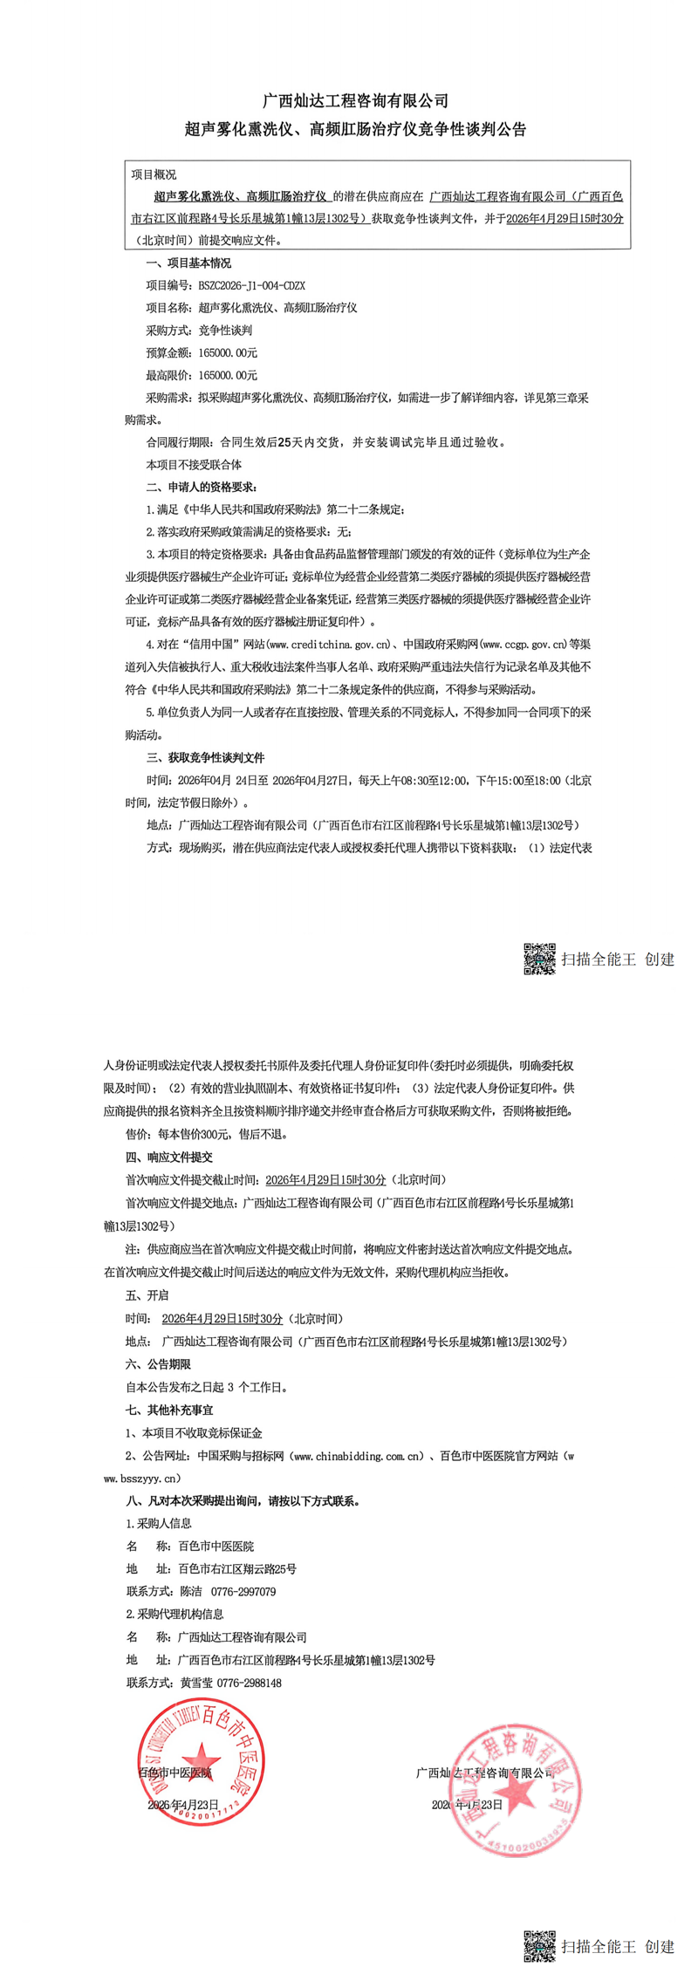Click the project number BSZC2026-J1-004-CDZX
tap(252, 285)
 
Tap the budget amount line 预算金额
tap(202, 352)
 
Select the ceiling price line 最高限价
tap(202, 375)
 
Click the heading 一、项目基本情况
tap(188, 263)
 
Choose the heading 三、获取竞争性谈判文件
tap(205, 757)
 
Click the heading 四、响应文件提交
tap(169, 1157)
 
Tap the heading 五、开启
tap(147, 1295)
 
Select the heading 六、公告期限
tap(158, 1363)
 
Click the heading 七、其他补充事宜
tap(169, 1410)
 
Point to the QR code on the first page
tap(539, 959)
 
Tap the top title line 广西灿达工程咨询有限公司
tap(356, 102)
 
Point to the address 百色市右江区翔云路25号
tap(237, 1568)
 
